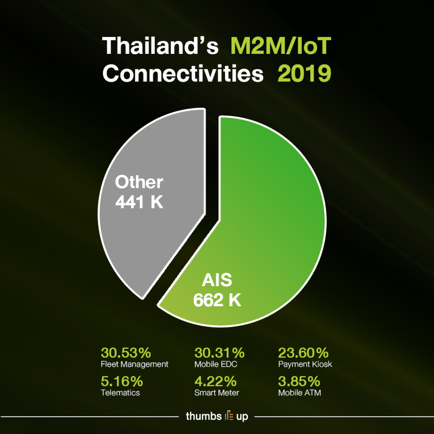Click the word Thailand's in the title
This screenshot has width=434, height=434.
point(161,46)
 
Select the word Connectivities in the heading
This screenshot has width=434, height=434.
point(183,74)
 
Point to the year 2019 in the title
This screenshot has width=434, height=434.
point(304,74)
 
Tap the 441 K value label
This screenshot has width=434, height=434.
point(139,202)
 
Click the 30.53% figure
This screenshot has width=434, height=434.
point(126,353)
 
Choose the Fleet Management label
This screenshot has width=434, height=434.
point(135,364)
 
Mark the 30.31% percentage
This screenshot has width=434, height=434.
point(220,353)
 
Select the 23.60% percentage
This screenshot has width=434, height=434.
point(303,353)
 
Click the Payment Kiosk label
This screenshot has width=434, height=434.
point(305,364)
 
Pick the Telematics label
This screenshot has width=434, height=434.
point(120,392)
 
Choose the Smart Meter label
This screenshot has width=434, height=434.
point(217,392)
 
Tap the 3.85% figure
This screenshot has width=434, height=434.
point(298,381)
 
